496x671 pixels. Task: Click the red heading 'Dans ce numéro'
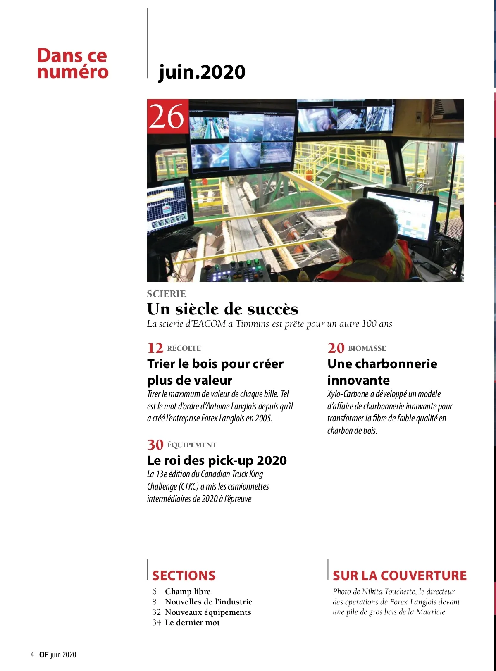pyautogui.click(x=72, y=63)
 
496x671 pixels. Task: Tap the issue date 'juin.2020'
pyautogui.click(x=202, y=72)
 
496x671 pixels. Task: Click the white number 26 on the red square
pyautogui.click(x=167, y=117)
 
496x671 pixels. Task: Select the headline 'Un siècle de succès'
pyautogui.click(x=222, y=309)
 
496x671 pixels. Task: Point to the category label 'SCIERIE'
pyautogui.click(x=166, y=294)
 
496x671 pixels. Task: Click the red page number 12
pyautogui.click(x=155, y=348)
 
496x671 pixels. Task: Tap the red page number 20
pyautogui.click(x=336, y=348)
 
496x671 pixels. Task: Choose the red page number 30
pyautogui.click(x=155, y=445)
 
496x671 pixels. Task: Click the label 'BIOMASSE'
pyautogui.click(x=367, y=348)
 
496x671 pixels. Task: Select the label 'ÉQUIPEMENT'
pyautogui.click(x=192, y=445)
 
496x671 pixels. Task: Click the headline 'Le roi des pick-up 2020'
pyautogui.click(x=217, y=460)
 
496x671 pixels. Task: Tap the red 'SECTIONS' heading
pyautogui.click(x=184, y=576)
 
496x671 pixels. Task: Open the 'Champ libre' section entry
pyautogui.click(x=188, y=591)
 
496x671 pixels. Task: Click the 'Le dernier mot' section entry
pyautogui.click(x=192, y=622)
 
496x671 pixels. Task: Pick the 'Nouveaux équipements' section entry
pyautogui.click(x=208, y=612)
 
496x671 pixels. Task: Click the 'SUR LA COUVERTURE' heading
pyautogui.click(x=399, y=576)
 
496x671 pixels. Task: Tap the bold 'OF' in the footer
pyautogui.click(x=44, y=654)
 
